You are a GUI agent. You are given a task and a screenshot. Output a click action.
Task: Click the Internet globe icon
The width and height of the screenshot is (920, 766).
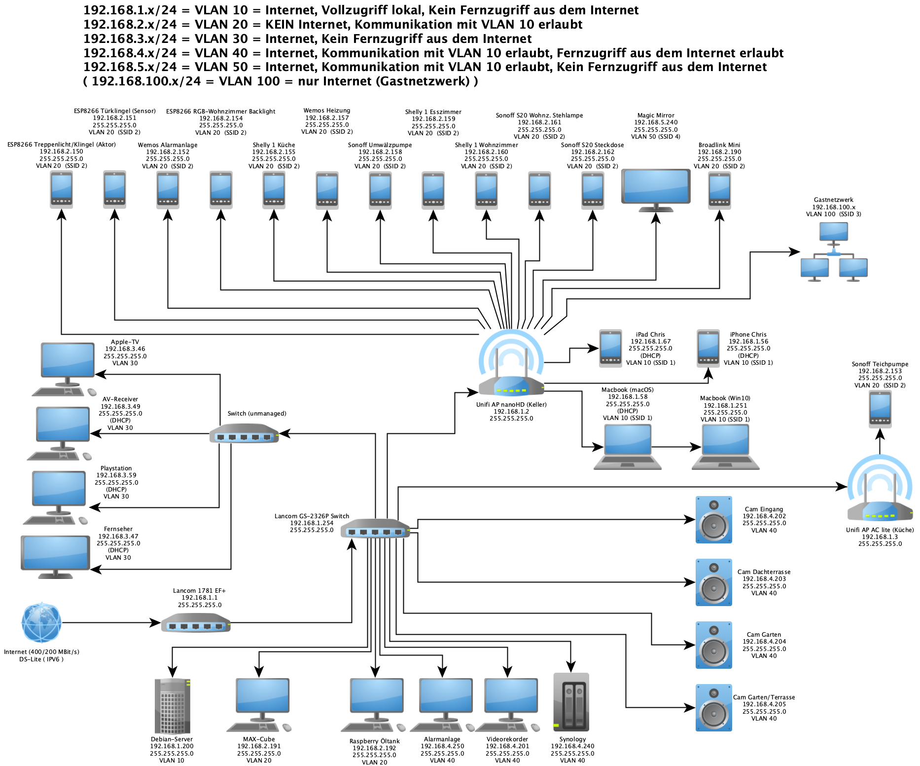click(x=41, y=623)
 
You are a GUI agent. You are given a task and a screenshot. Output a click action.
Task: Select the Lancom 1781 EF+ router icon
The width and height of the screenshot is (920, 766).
click(x=196, y=623)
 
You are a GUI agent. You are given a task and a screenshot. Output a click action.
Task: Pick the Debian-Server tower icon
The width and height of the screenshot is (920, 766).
click(x=172, y=706)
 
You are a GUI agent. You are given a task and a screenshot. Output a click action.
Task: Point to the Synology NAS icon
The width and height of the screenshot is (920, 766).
click(x=571, y=702)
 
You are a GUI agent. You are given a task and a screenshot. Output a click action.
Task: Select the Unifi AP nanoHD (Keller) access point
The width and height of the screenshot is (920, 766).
click(x=511, y=365)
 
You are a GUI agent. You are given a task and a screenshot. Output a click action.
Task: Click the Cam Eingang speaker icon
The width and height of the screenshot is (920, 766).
click(x=713, y=520)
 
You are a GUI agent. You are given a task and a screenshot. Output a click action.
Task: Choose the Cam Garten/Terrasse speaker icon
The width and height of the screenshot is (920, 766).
click(x=713, y=708)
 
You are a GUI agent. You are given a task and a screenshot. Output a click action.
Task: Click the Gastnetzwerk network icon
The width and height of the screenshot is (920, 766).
click(x=834, y=252)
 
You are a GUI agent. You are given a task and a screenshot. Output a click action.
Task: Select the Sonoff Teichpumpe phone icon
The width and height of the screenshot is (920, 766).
click(x=880, y=409)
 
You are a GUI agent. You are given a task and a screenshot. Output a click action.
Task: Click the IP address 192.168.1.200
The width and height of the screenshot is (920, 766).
click(x=172, y=746)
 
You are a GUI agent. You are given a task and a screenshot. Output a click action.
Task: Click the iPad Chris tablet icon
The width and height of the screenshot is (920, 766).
click(x=610, y=348)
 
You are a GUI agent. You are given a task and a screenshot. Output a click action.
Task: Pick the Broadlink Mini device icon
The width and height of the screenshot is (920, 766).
click(x=719, y=190)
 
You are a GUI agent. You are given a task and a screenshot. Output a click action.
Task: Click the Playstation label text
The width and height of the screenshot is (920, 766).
click(x=116, y=468)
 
